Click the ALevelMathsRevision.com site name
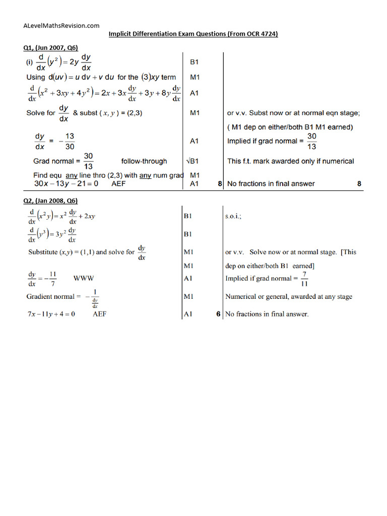pos(61,25)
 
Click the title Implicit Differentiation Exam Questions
pos(193,34)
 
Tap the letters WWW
pos(84,278)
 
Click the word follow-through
pos(144,161)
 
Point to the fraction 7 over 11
pos(304,278)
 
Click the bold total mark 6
pos(218,314)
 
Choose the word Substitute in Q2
pos(44,251)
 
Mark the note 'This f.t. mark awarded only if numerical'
pos(290,161)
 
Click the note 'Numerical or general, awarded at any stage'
pos(289,296)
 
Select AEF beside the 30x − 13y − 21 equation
pos(118,184)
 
